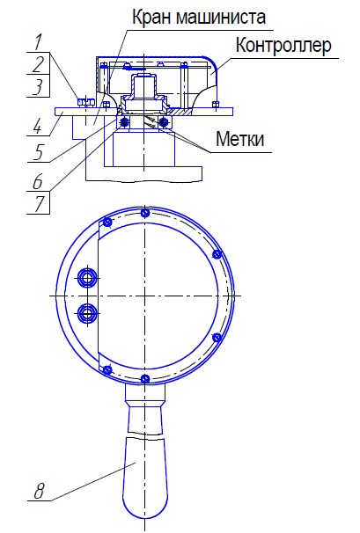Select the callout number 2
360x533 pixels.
[39, 64]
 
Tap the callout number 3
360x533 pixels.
[38, 87]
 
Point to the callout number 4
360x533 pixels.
[37, 126]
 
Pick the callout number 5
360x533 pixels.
[38, 152]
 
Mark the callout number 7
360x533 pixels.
[39, 204]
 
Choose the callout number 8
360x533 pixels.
[39, 491]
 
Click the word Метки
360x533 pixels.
[240, 139]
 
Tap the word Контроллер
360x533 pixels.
[283, 45]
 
